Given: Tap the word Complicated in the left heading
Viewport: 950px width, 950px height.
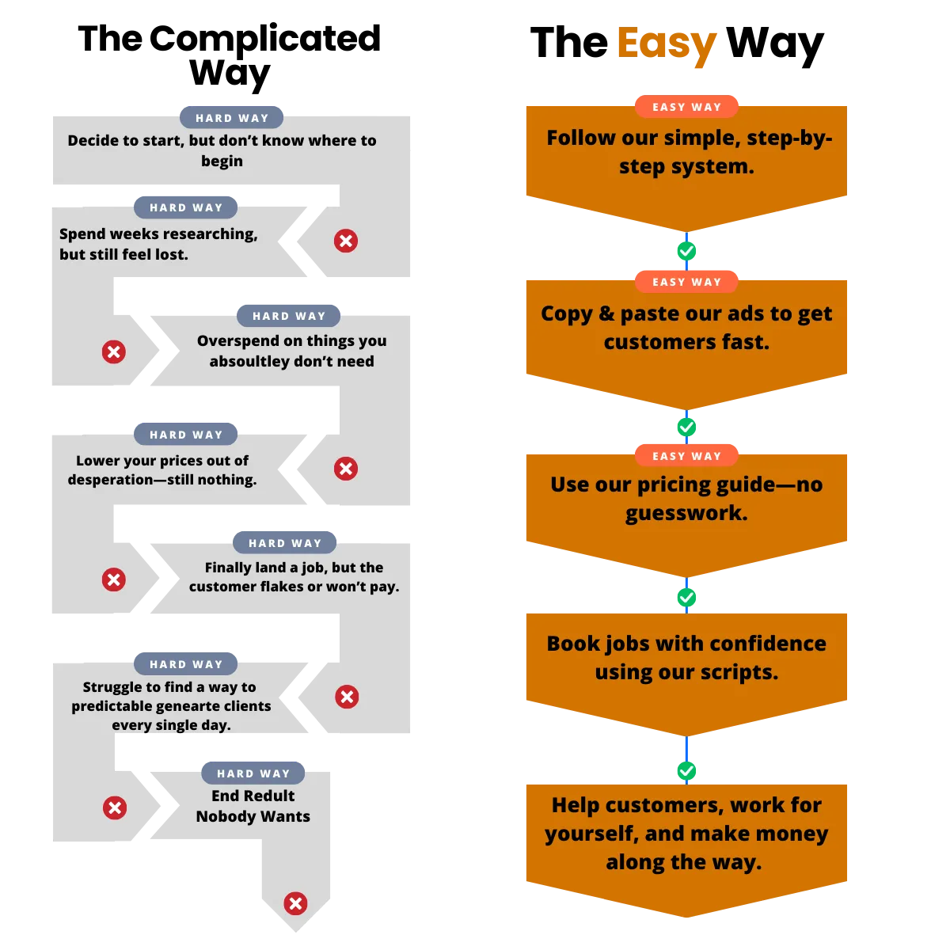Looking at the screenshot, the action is [264, 39].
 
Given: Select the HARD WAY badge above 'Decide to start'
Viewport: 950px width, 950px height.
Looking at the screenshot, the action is [231, 118].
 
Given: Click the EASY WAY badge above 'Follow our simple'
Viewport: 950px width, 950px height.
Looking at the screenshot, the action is [686, 107].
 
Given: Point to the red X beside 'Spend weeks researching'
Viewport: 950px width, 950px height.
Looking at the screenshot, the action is [346, 241].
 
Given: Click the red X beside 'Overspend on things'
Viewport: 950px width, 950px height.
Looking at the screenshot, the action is [114, 352].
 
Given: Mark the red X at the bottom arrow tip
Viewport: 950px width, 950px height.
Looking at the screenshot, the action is [295, 903].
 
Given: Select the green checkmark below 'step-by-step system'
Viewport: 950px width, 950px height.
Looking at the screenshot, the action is [686, 251].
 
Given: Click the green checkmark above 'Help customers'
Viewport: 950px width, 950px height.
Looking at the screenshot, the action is [686, 771].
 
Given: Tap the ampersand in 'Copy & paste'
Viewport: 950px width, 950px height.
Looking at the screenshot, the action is [606, 313].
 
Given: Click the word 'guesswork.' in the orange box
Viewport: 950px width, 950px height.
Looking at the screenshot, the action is [686, 514].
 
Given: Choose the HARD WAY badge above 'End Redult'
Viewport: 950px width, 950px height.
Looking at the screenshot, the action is [253, 773].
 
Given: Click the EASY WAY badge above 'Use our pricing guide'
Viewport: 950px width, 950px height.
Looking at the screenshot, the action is [686, 456].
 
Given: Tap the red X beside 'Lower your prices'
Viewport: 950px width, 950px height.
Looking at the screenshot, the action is [346, 469].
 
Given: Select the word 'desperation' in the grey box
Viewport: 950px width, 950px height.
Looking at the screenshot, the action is [110, 481].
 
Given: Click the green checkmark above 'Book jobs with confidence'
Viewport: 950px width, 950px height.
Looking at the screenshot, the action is [686, 598].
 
